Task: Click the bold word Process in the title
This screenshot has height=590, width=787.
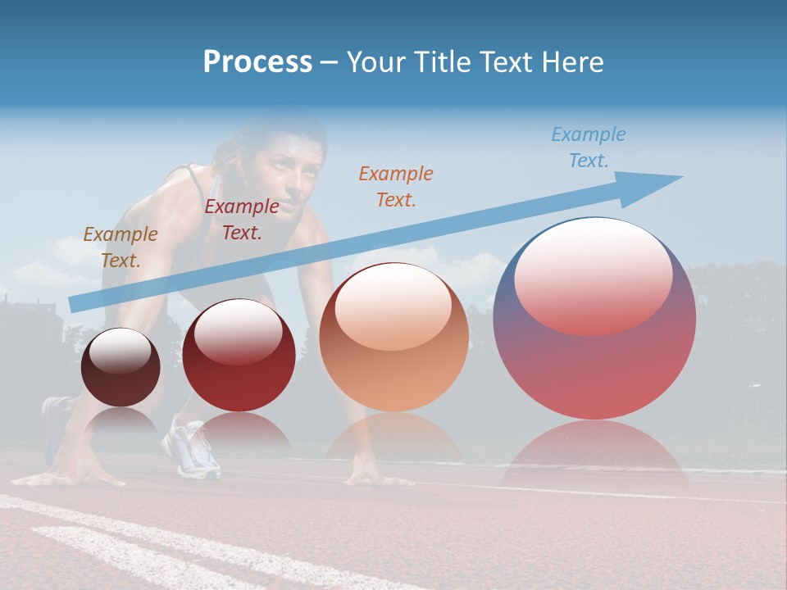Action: (x=257, y=62)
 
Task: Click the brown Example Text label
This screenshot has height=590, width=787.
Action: (x=120, y=247)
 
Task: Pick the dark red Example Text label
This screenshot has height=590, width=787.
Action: (x=241, y=219)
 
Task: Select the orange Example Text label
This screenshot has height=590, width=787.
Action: (x=395, y=186)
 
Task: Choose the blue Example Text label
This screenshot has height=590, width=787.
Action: (x=588, y=147)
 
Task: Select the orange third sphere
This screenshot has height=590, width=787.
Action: (x=393, y=361)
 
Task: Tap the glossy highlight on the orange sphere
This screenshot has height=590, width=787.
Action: (x=393, y=307)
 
